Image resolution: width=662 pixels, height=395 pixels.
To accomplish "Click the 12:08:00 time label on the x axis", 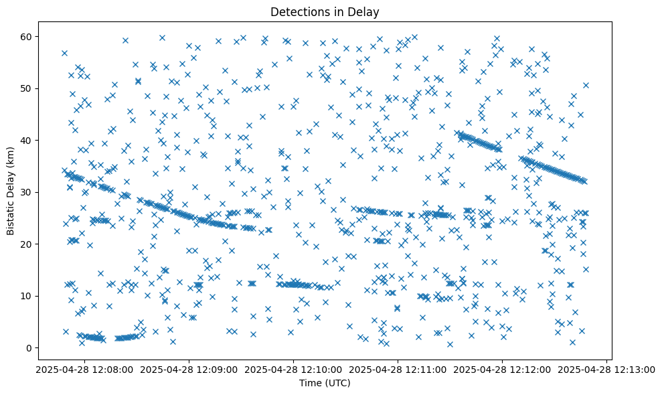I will [83, 369].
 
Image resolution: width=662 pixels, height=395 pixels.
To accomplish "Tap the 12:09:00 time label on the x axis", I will [189, 369].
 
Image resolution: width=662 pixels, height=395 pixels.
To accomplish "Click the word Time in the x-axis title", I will [312, 383].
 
